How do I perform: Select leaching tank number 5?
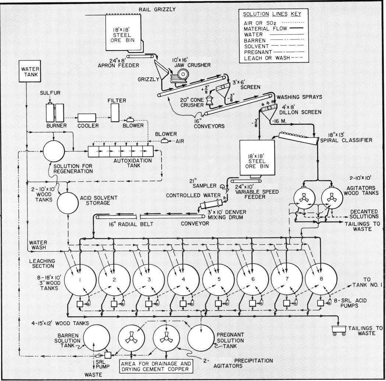(218, 280)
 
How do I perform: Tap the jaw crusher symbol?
(180, 76)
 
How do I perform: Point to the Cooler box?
(87, 118)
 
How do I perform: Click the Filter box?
(115, 112)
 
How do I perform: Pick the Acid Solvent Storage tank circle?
(68, 203)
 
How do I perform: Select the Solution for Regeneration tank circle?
(54, 151)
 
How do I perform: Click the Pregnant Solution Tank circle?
(201, 338)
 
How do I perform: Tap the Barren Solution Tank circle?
(96, 338)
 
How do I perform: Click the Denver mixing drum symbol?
(211, 204)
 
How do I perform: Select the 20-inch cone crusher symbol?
(209, 100)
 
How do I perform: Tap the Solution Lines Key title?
(272, 14)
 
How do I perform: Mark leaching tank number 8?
(321, 279)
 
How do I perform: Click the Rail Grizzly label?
(157, 9)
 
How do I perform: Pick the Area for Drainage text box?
(156, 366)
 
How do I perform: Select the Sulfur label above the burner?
(50, 93)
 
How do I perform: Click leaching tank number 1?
(80, 280)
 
